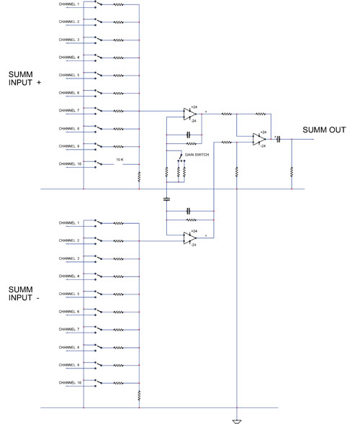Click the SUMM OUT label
click(x=324, y=130)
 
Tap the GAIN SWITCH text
click(x=197, y=155)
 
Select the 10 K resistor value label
click(x=120, y=160)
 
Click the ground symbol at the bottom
click(x=237, y=422)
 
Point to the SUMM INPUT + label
click(x=24, y=78)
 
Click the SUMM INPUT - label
click(x=24, y=294)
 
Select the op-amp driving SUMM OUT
click(x=259, y=139)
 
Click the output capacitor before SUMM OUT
click(x=279, y=139)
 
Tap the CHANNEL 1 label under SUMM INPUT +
click(x=69, y=4)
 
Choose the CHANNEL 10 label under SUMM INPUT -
click(x=70, y=383)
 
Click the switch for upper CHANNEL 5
click(x=98, y=75)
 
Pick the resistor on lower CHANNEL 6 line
click(x=119, y=312)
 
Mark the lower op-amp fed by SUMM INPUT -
click(x=190, y=238)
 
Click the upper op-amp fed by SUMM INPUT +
click(x=190, y=114)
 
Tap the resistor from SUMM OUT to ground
click(x=292, y=172)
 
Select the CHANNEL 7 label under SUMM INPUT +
click(x=69, y=110)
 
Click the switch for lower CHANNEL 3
click(x=98, y=258)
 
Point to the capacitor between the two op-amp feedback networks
click(x=166, y=199)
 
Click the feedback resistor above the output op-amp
click(x=261, y=114)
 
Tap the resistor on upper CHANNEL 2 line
click(x=119, y=22)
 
